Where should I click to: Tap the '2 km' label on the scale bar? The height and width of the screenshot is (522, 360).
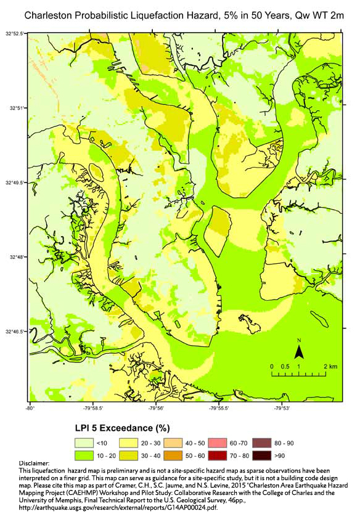point(330,366)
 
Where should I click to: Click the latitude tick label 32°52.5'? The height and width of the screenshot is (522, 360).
point(14,33)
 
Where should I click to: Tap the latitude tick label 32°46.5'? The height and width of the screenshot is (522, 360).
point(14,332)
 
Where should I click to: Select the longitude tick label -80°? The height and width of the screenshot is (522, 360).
point(30,407)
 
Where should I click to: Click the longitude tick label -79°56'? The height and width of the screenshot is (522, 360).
point(156,407)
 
